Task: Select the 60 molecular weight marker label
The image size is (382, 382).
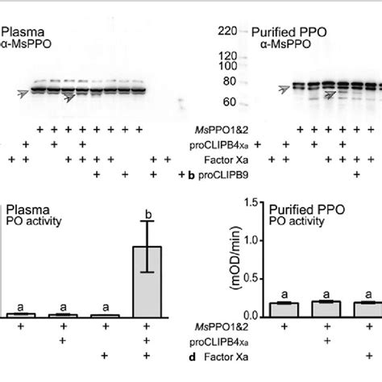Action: tap(229, 102)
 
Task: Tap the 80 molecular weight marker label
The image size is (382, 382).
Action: tap(229, 81)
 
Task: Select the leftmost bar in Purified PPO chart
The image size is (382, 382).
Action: tap(284, 309)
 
